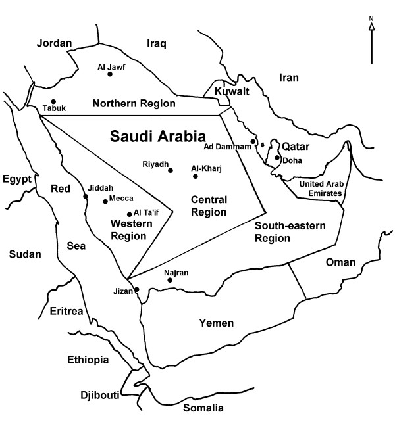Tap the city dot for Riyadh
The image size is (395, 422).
(171, 170)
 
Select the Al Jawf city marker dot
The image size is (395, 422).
(110, 74)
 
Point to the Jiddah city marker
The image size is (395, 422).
(86, 195)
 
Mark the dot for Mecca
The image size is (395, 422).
(105, 202)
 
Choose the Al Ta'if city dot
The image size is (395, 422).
(129, 214)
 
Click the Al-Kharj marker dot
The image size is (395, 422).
(195, 176)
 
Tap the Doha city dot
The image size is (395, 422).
(276, 158)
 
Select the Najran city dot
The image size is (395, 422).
(170, 280)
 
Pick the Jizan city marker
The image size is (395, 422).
(137, 289)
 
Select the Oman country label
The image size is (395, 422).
(340, 262)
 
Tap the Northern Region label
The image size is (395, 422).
(134, 103)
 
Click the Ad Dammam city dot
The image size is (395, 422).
(253, 141)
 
